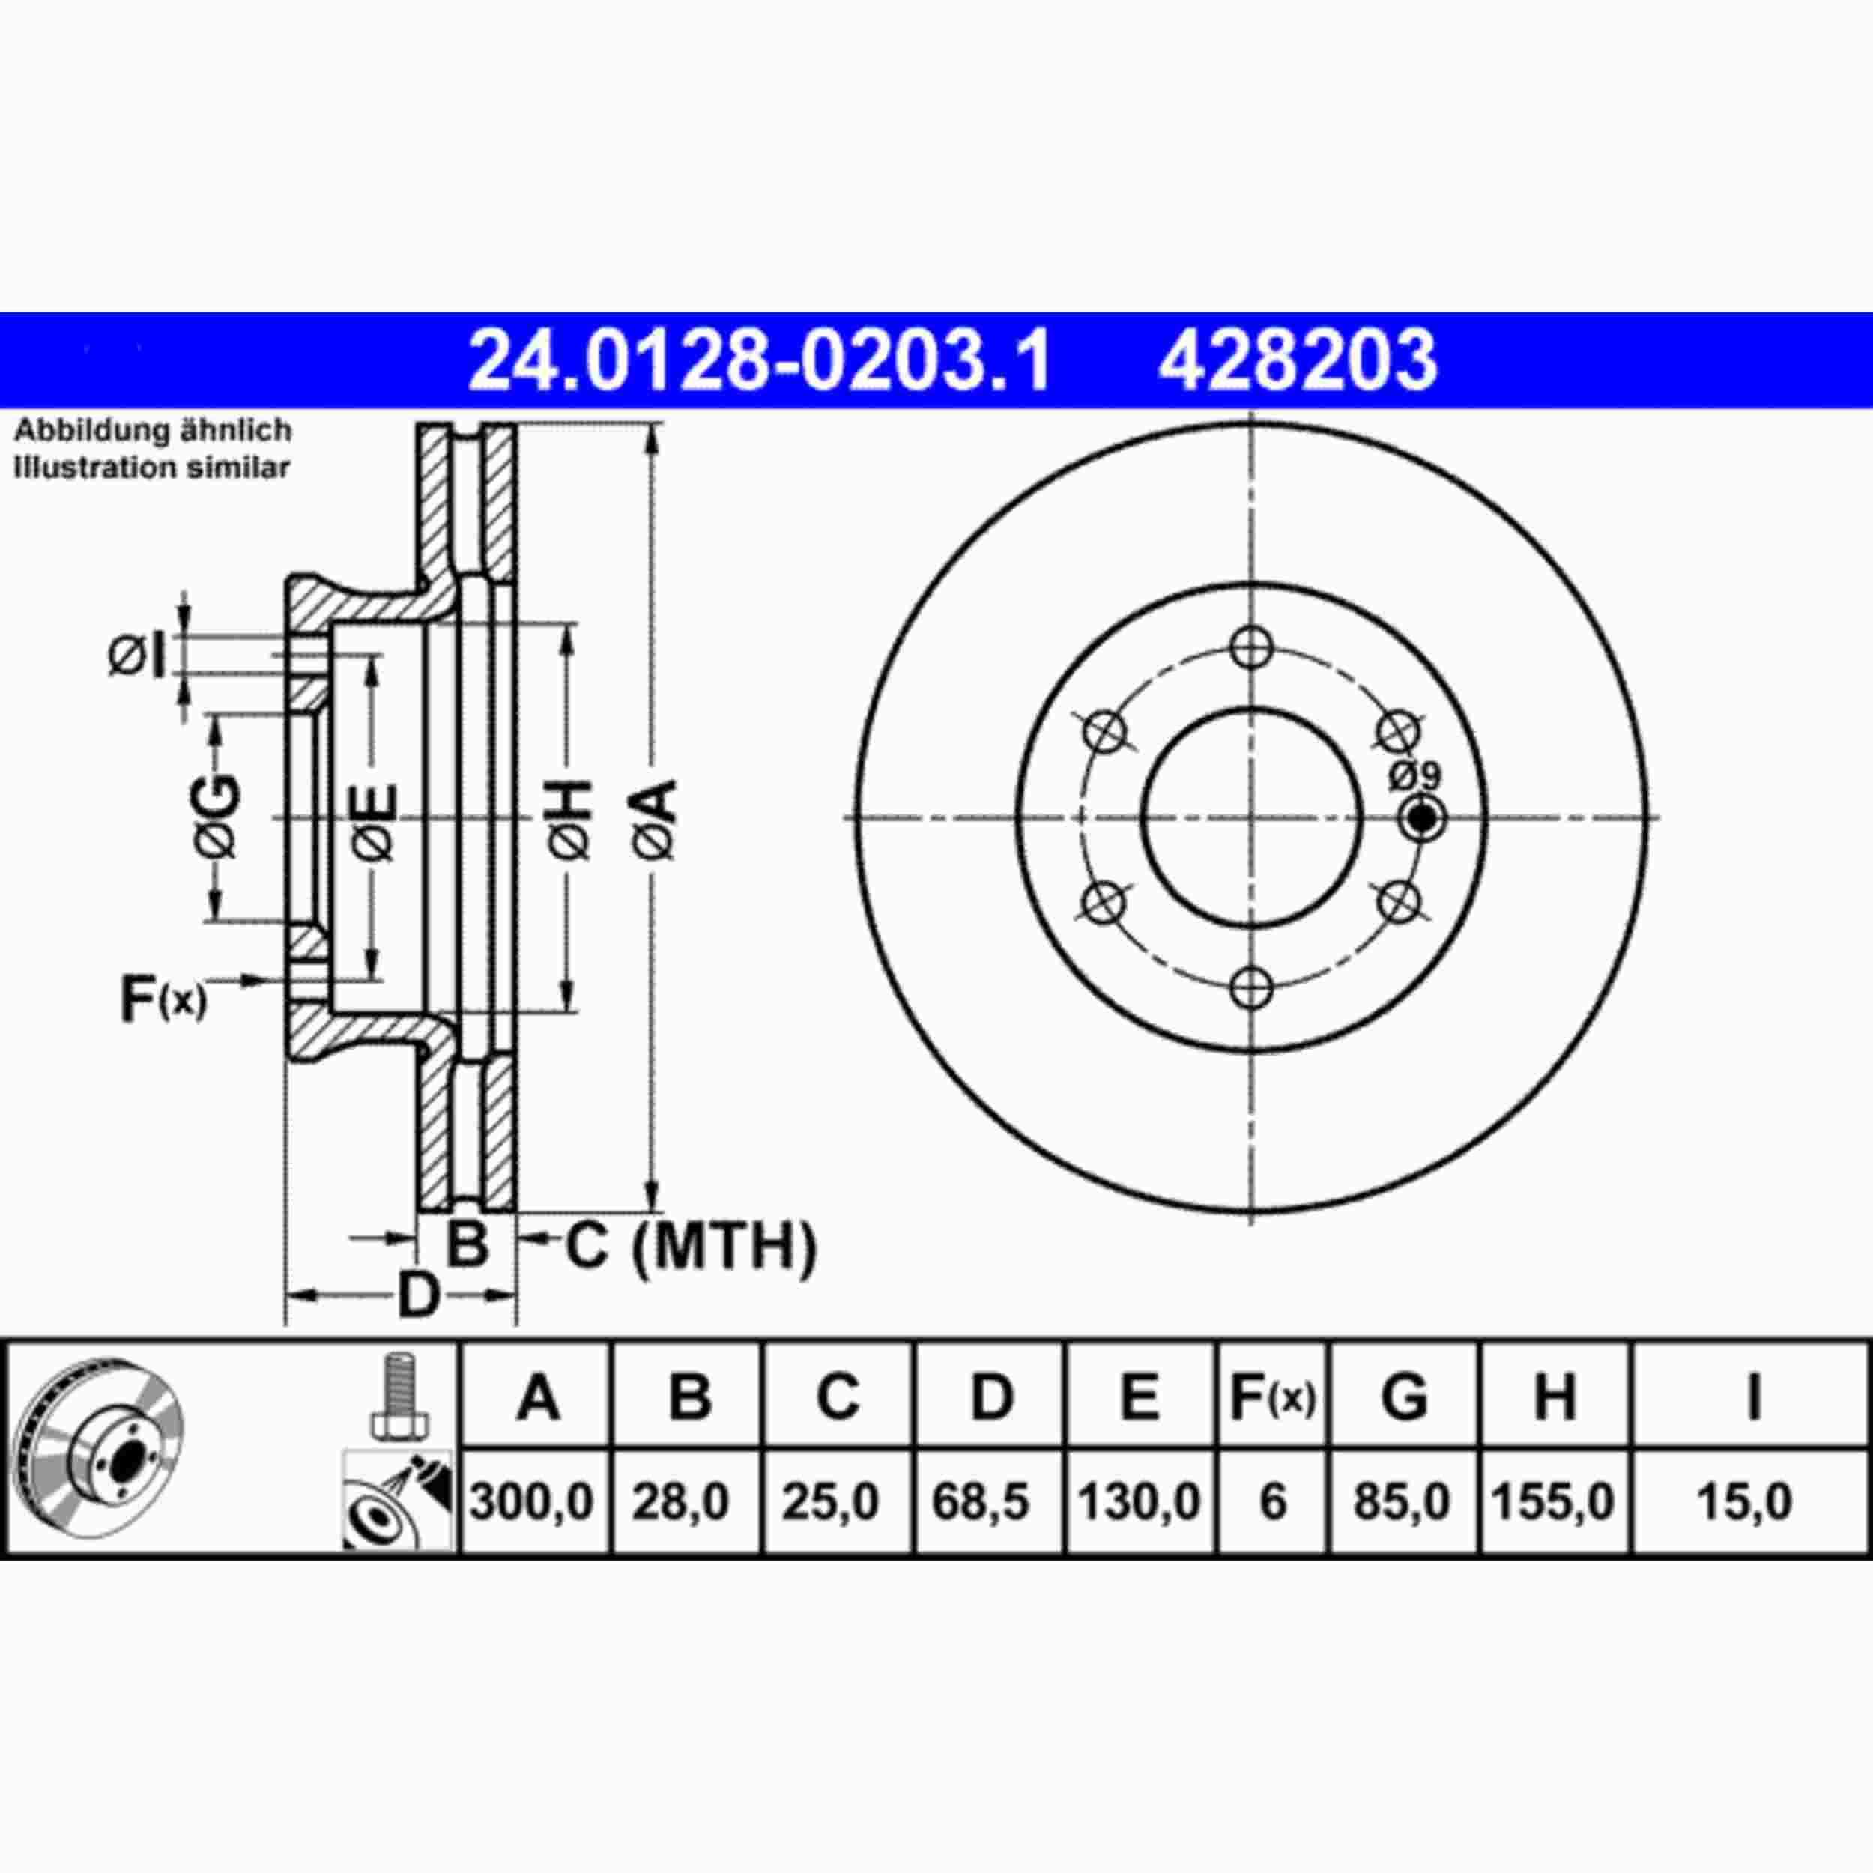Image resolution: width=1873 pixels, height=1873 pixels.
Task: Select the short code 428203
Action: coord(1297,360)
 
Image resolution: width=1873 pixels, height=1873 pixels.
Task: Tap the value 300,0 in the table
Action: coord(531,1503)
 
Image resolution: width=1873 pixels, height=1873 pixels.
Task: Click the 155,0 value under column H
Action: coord(1552,1503)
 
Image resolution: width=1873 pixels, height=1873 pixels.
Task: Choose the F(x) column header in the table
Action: coord(1272,1397)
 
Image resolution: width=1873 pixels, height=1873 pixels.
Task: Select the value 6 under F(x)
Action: coord(1272,1503)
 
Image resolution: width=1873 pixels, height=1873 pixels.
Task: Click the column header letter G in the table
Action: coord(1403,1397)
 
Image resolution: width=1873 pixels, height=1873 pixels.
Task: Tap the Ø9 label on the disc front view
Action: coord(1415,775)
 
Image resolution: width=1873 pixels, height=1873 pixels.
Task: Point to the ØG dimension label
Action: coord(215,817)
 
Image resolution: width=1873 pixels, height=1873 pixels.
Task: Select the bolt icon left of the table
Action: coord(399,1397)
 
